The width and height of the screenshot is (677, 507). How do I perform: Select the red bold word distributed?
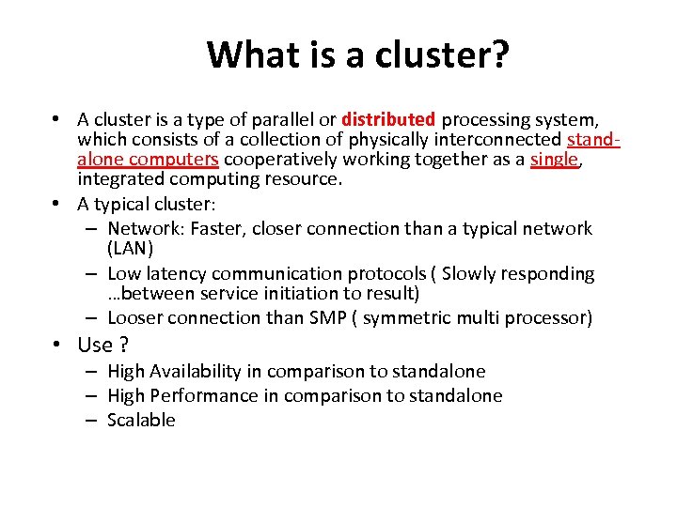(388, 120)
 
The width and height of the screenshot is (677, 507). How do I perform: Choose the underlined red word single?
(554, 160)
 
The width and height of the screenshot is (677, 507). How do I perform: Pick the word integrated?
(118, 178)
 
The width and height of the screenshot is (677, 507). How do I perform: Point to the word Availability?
(191, 372)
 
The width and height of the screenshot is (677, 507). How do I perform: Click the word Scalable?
(141, 421)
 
